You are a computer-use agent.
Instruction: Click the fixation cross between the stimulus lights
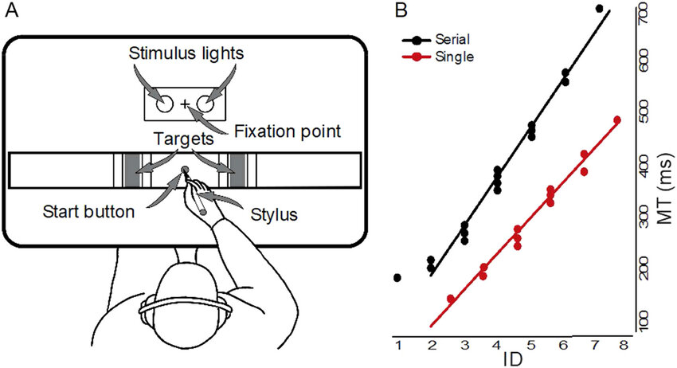tap(186, 103)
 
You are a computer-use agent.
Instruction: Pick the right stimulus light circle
tap(207, 103)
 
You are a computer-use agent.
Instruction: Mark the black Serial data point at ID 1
tap(397, 277)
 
